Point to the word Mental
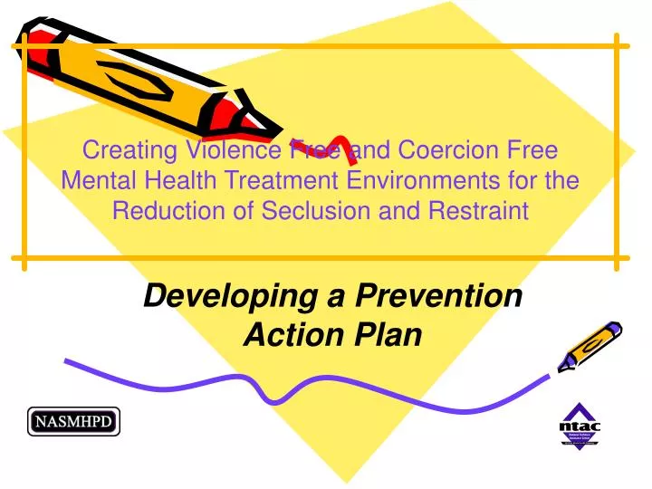click(94, 180)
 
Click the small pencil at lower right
click(590, 344)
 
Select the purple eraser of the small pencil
click(613, 328)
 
